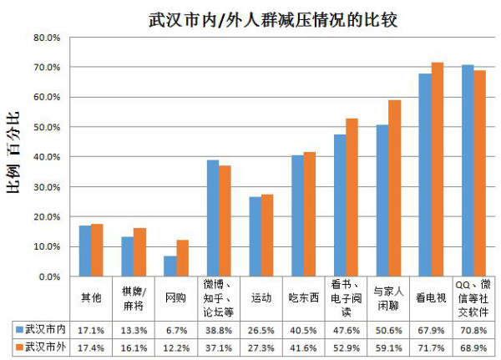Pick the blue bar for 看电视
tap(425, 175)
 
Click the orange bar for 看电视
tap(437, 170)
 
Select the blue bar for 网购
tap(170, 266)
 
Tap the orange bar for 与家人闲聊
tap(395, 188)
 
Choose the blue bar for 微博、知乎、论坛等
tap(212, 218)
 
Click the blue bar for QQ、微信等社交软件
tap(468, 170)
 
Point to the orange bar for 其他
tap(97, 250)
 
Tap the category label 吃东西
tap(304, 297)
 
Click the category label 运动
tap(261, 297)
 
